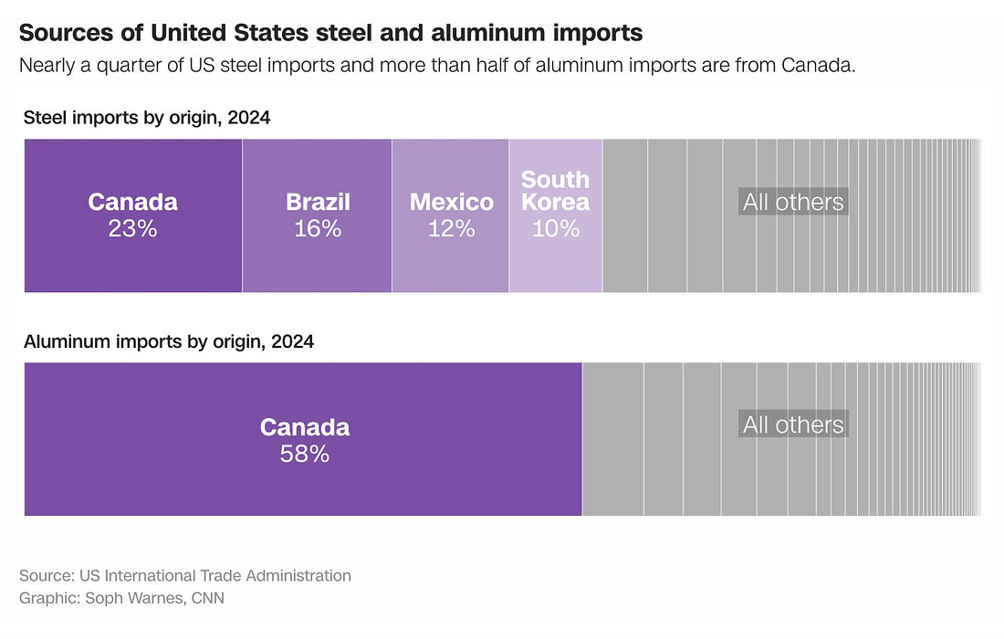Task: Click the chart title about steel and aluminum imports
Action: click(x=330, y=34)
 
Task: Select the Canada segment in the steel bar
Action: click(x=132, y=256)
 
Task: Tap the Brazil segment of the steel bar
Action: click(x=317, y=260)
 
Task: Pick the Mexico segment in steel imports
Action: click(x=450, y=260)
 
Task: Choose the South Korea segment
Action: click(x=555, y=260)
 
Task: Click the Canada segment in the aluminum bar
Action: click(x=303, y=484)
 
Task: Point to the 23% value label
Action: click(x=132, y=228)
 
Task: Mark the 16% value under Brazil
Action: click(x=318, y=228)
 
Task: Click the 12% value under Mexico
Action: click(x=451, y=228)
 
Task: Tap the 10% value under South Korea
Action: click(x=556, y=228)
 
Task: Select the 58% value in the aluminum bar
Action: click(x=304, y=453)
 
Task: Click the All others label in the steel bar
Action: click(x=793, y=202)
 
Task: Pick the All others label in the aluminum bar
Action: click(x=793, y=424)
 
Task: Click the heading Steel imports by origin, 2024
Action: click(x=147, y=118)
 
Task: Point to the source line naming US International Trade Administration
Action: click(x=185, y=576)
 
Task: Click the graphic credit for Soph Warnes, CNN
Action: click(x=121, y=599)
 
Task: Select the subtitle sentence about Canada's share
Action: click(x=437, y=67)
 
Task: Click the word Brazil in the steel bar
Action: click(x=318, y=202)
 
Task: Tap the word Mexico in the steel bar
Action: click(x=451, y=202)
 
